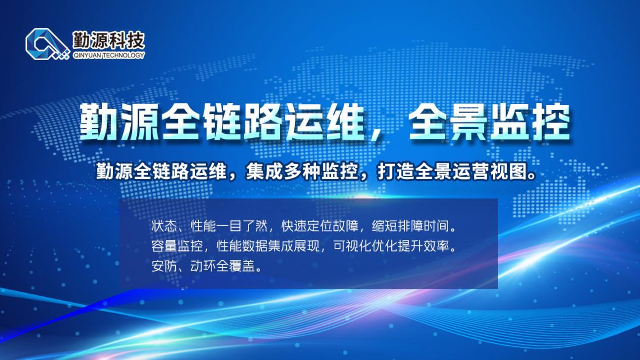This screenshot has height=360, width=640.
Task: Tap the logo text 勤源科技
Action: (109, 40)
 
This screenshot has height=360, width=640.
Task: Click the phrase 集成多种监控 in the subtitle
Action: (302, 172)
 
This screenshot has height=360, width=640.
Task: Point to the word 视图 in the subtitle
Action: (509, 172)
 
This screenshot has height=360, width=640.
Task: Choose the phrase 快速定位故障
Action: (320, 226)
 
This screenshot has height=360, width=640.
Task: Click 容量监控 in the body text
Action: (177, 246)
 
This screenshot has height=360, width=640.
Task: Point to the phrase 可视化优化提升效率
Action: (391, 246)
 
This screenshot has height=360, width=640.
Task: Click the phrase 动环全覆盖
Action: (222, 266)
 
